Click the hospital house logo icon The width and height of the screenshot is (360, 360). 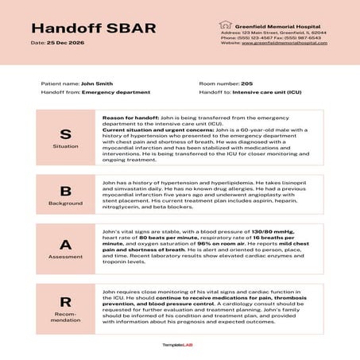pos(226,25)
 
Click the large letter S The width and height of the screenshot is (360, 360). pos(66,133)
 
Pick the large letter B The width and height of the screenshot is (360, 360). pos(66,191)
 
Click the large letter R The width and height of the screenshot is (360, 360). pos(66,303)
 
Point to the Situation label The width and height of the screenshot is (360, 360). pos(66,147)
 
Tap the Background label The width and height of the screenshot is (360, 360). pos(66,204)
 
